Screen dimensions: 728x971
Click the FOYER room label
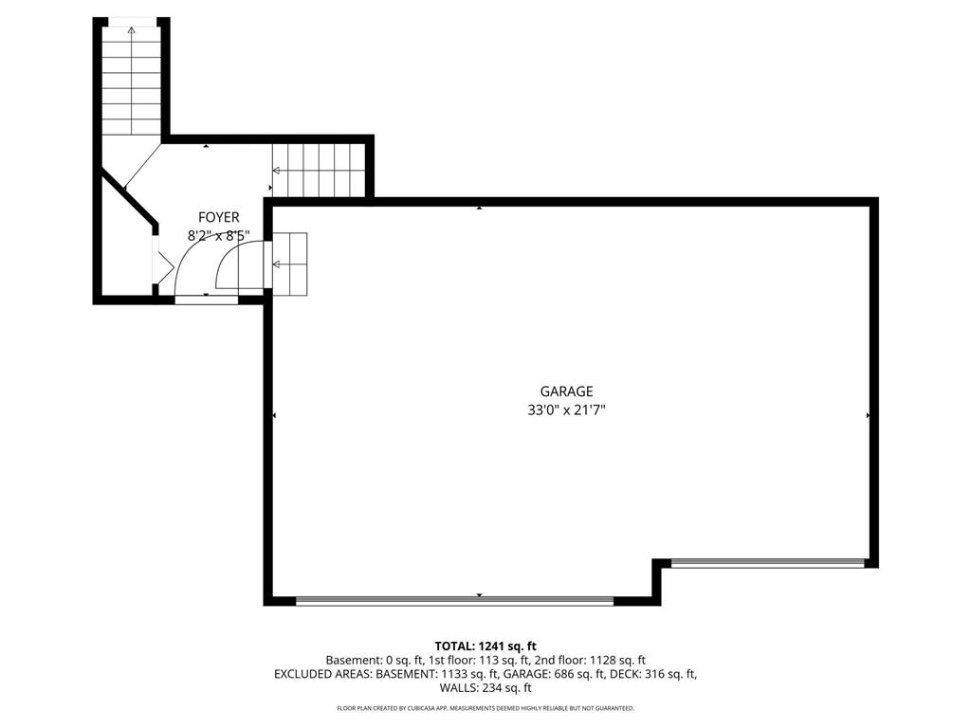218,217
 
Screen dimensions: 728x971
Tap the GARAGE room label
566,391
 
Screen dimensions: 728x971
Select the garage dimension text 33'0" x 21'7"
566,410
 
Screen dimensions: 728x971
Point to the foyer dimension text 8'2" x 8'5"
218,235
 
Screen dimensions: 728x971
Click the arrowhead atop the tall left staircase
131,30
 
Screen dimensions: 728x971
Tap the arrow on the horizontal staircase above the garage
277,171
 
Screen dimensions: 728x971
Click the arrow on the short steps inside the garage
277,264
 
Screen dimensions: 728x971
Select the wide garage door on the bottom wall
454,600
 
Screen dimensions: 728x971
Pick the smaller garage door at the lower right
767,563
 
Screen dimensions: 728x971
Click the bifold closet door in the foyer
162,265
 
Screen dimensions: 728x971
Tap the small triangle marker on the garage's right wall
868,415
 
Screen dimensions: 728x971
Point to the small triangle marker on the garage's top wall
480,207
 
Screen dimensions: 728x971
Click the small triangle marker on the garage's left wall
274,415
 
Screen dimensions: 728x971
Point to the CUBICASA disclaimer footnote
485,708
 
